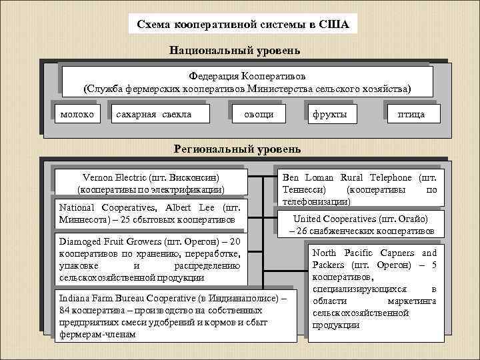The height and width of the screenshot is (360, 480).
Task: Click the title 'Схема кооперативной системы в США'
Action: [243, 25]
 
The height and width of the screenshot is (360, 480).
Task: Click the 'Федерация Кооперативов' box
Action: [247, 81]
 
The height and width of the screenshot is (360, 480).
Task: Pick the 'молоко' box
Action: [77, 115]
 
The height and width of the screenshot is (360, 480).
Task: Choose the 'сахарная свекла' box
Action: [153, 115]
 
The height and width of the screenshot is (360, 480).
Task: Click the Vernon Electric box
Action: [151, 183]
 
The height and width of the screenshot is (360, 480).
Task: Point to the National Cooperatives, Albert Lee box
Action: [151, 213]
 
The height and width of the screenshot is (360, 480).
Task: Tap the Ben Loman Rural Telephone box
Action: [360, 189]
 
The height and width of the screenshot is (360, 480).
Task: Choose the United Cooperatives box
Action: [361, 224]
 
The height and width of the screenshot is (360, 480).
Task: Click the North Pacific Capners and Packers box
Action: [374, 289]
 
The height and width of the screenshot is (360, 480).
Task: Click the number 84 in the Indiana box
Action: [65, 311]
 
